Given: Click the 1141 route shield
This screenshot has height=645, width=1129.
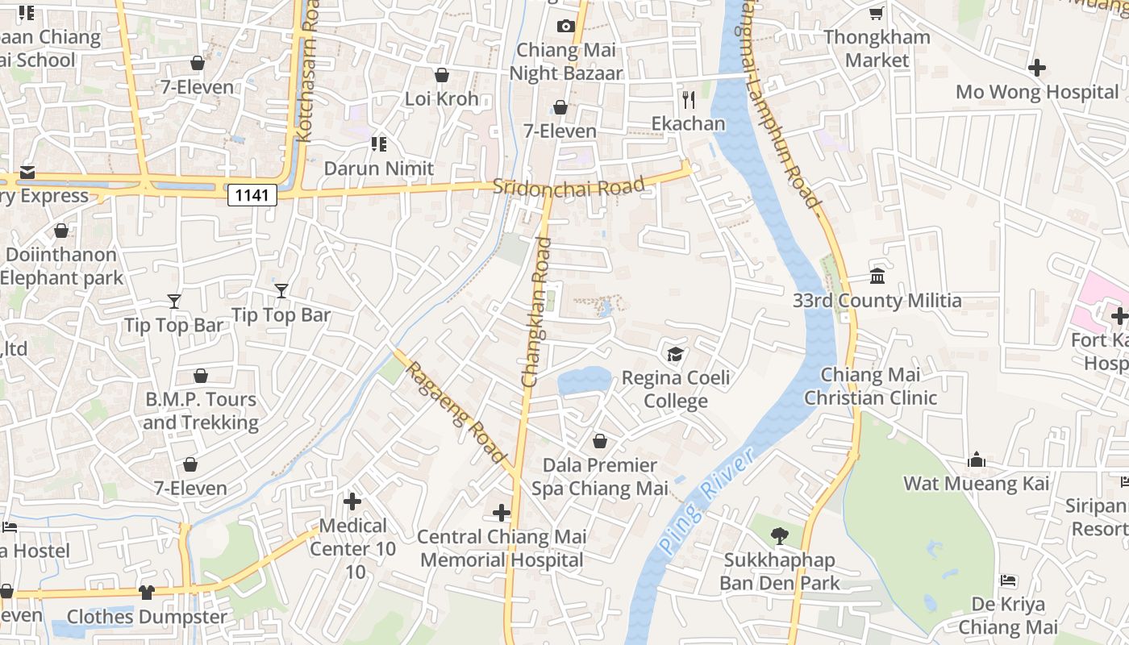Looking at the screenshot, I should pyautogui.click(x=252, y=194).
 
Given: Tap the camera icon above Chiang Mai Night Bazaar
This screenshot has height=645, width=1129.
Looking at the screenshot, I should pyautogui.click(x=565, y=26).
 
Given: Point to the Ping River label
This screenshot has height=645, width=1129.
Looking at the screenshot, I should pyautogui.click(x=706, y=500).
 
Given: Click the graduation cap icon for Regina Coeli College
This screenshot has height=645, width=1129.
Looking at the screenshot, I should pyautogui.click(x=675, y=354).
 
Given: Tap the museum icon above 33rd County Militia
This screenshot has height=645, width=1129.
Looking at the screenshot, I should pyautogui.click(x=877, y=277).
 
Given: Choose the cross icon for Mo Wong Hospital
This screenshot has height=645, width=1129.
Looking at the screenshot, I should pyautogui.click(x=1037, y=68).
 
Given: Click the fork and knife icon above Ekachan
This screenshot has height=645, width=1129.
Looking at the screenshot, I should pyautogui.click(x=688, y=100).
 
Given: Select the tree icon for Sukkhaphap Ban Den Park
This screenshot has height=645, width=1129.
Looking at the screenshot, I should pyautogui.click(x=779, y=535).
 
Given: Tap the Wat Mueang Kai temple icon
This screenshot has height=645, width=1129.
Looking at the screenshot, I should pyautogui.click(x=977, y=460).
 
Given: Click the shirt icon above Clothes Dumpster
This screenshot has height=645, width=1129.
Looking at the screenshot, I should pyautogui.click(x=146, y=593).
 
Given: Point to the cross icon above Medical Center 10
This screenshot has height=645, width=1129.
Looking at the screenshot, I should pyautogui.click(x=352, y=501).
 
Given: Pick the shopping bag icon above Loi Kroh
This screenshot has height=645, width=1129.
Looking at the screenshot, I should pyautogui.click(x=441, y=75).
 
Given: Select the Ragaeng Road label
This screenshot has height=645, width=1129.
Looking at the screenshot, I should pyautogui.click(x=455, y=412).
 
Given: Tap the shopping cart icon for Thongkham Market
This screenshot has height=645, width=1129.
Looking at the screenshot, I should pyautogui.click(x=876, y=14).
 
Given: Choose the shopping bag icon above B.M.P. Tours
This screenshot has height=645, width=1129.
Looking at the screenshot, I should pyautogui.click(x=200, y=376).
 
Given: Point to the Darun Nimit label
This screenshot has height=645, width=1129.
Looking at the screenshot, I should pyautogui.click(x=379, y=169).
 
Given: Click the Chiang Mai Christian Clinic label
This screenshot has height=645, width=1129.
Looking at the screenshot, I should pyautogui.click(x=870, y=386).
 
